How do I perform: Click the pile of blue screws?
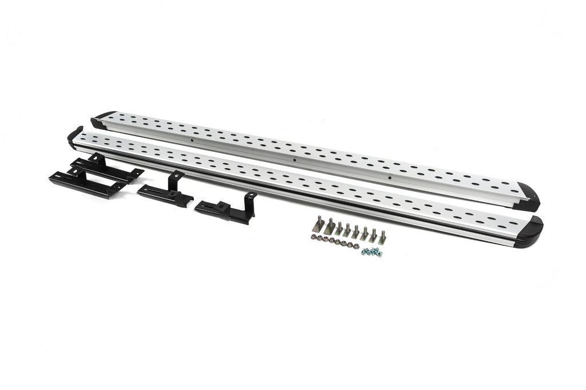click(371, 251)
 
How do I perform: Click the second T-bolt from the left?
click(329, 227)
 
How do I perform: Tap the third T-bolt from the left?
click(339, 229)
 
